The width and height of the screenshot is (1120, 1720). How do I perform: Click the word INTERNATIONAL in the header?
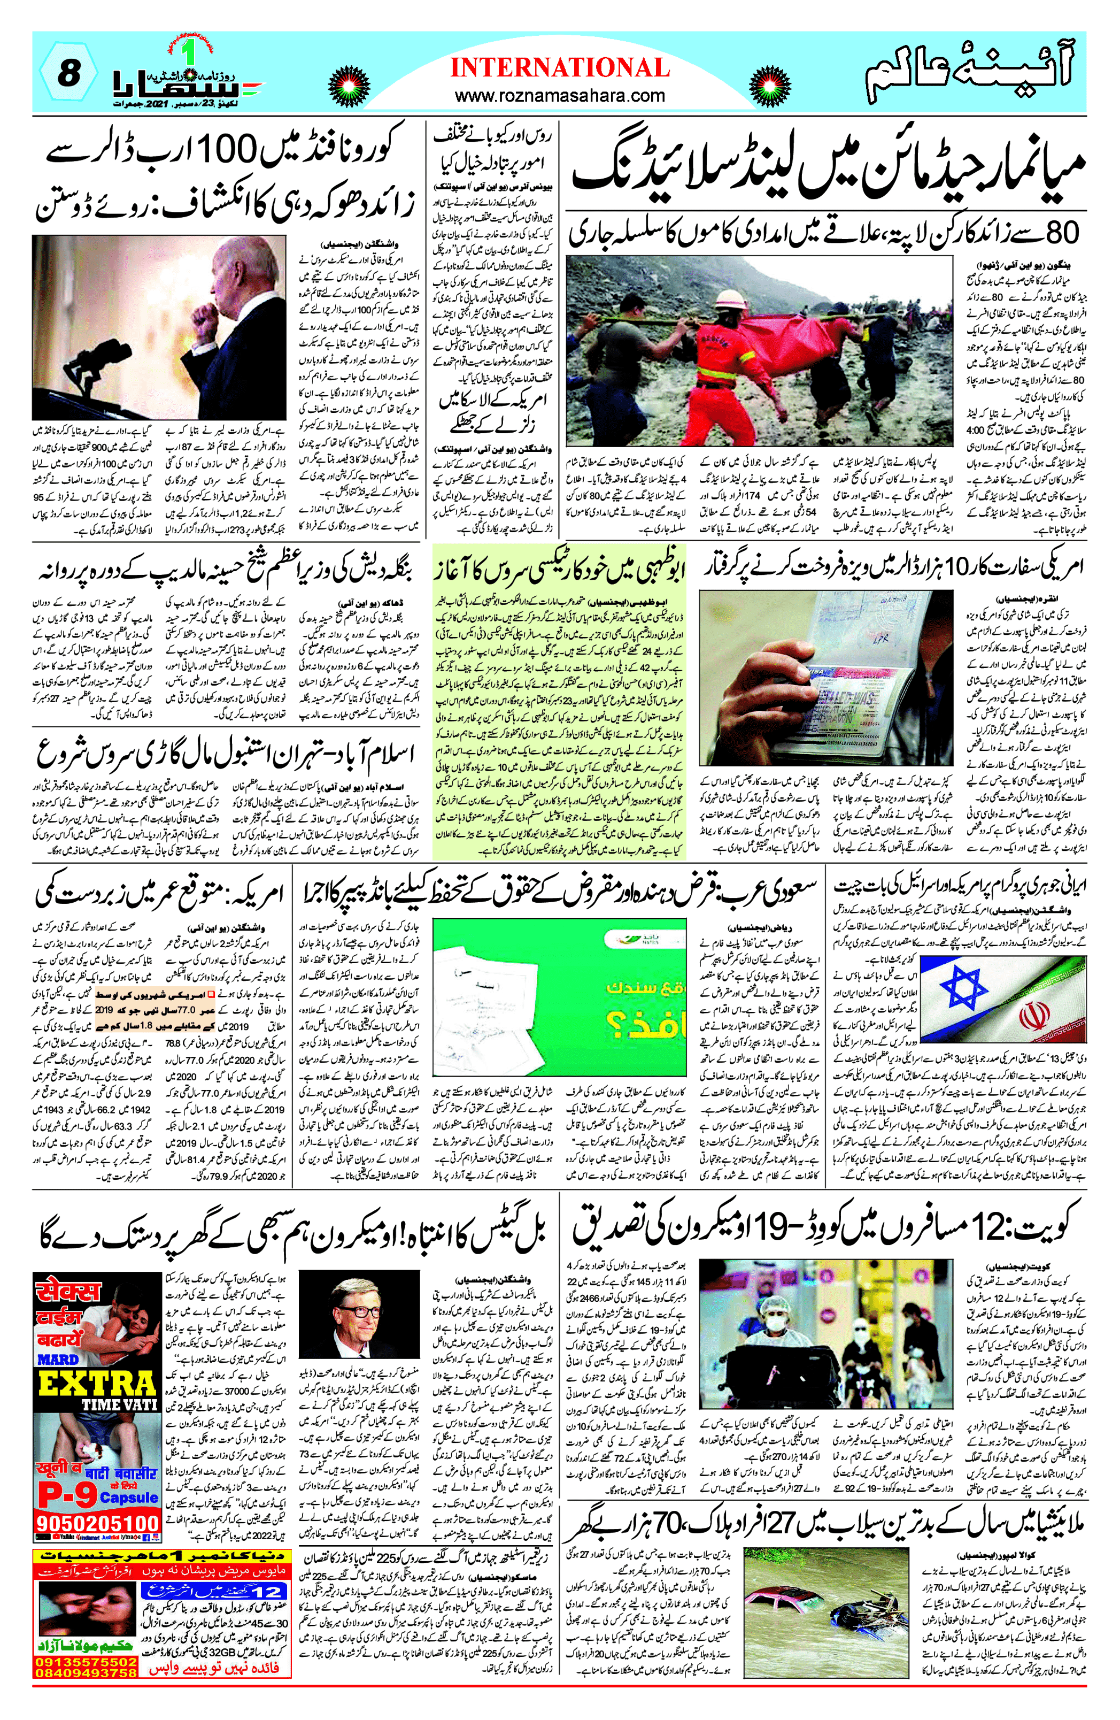tap(560, 68)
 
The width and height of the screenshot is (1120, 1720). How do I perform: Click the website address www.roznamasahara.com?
tap(560, 95)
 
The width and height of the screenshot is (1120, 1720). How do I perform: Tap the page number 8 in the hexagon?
tap(68, 74)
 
